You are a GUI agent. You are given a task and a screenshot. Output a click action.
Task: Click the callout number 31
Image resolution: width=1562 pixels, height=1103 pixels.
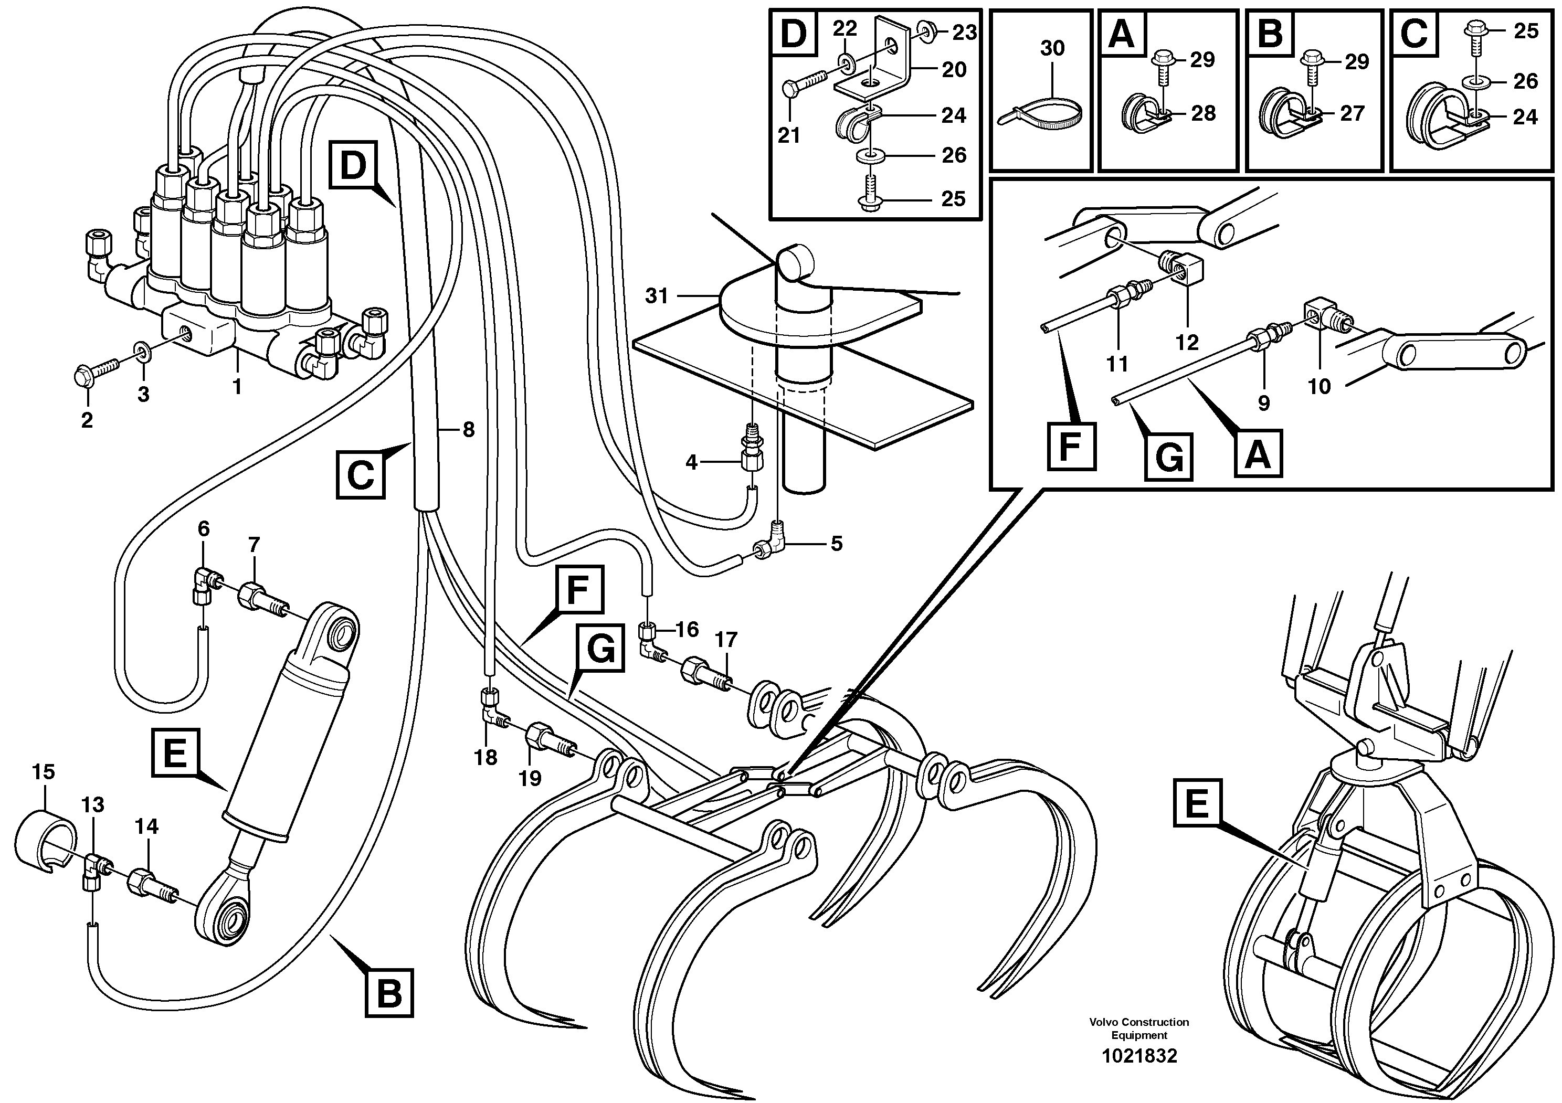(x=657, y=296)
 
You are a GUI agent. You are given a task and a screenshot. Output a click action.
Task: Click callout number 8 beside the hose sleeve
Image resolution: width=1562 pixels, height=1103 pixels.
(x=468, y=429)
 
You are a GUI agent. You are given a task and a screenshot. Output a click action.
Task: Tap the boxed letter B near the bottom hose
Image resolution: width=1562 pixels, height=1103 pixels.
(x=389, y=993)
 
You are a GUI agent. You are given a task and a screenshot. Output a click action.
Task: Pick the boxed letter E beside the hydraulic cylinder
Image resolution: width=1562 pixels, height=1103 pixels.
(x=175, y=752)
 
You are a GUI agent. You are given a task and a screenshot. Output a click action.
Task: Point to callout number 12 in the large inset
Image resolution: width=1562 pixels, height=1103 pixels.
(x=1187, y=342)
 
